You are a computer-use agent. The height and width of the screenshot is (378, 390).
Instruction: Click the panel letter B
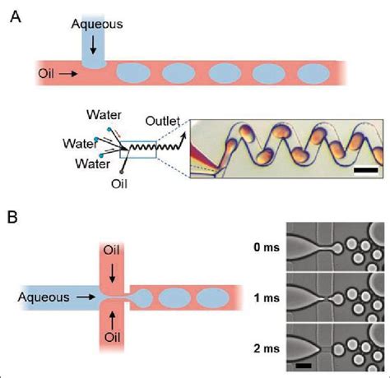[x=15, y=220]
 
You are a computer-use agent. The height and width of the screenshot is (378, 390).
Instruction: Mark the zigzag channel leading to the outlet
[x=169, y=146]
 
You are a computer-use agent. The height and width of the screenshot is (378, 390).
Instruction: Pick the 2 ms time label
[x=262, y=348]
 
